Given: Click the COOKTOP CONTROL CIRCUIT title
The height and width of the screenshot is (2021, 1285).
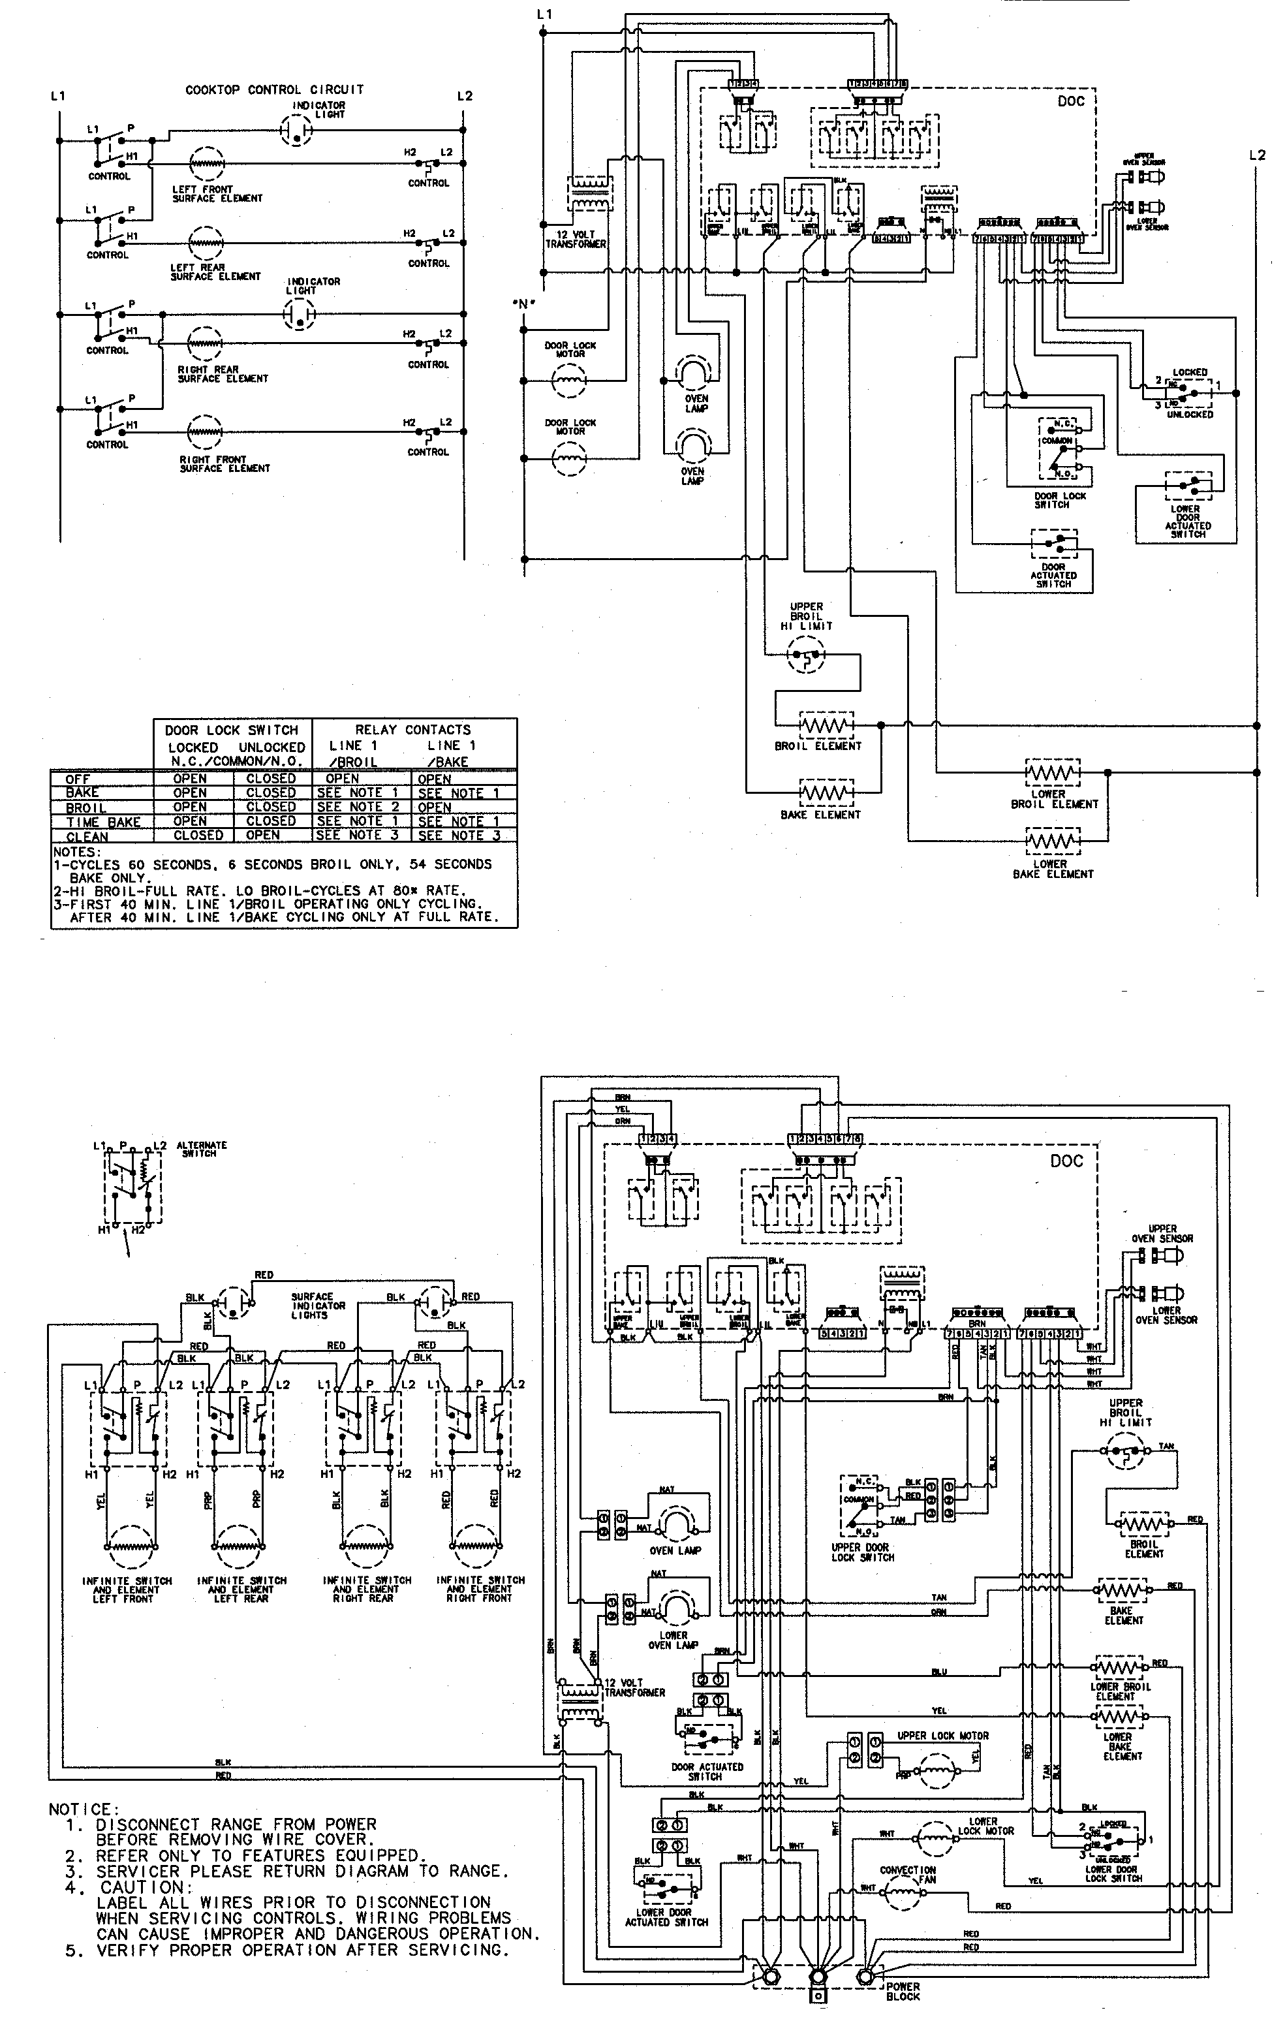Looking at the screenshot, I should coord(275,90).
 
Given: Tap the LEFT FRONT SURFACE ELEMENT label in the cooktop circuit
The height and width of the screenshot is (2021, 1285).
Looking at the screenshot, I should coord(217,194).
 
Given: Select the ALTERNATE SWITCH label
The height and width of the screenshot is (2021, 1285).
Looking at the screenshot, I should coord(202,1149).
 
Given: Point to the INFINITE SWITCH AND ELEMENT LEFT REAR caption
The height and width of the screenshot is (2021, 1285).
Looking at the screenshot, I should coord(241,1589).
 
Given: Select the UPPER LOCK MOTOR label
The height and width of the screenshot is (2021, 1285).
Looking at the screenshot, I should coord(942,1736).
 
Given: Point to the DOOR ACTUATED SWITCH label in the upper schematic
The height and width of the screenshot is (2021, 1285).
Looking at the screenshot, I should coord(1053,575).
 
